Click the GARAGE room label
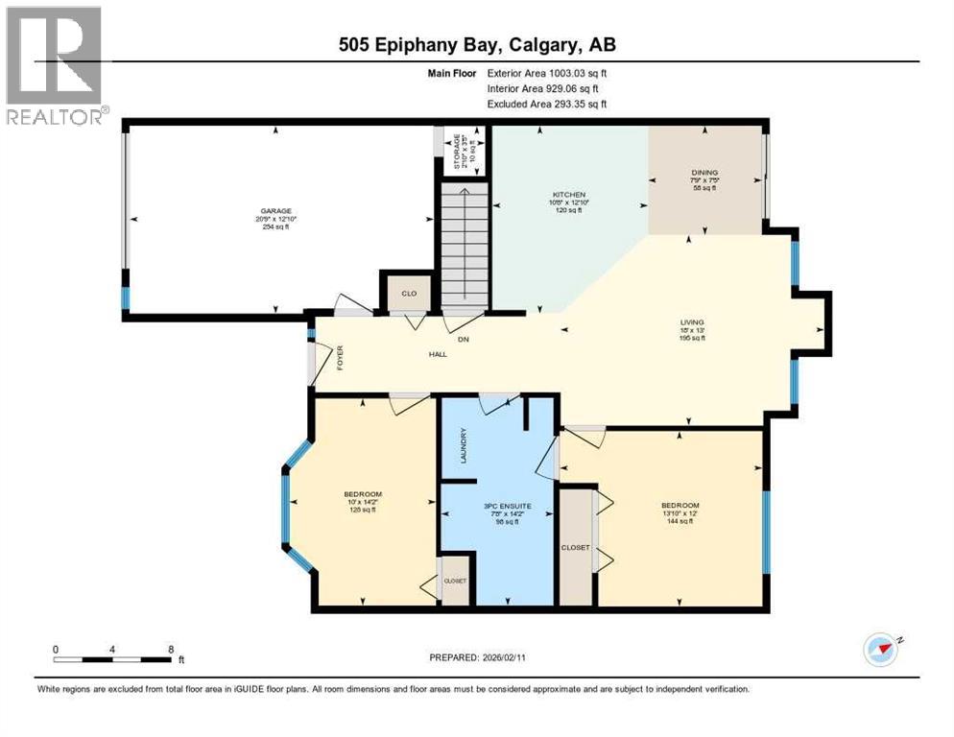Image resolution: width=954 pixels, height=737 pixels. tap(277, 211)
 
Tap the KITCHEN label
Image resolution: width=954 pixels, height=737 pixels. tap(569, 195)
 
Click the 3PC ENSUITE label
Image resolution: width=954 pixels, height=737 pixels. tap(499, 505)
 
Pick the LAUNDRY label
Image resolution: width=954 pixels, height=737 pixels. tap(462, 451)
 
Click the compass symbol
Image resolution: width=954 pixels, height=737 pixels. tap(880, 648)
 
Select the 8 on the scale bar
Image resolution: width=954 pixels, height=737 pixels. tap(171, 649)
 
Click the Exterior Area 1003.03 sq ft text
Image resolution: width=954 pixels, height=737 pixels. tap(547, 72)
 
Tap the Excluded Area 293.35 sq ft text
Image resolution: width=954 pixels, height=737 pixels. tap(547, 104)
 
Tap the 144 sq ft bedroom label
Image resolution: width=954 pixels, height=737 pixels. tap(680, 522)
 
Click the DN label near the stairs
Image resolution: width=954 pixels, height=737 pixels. tap(462, 340)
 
